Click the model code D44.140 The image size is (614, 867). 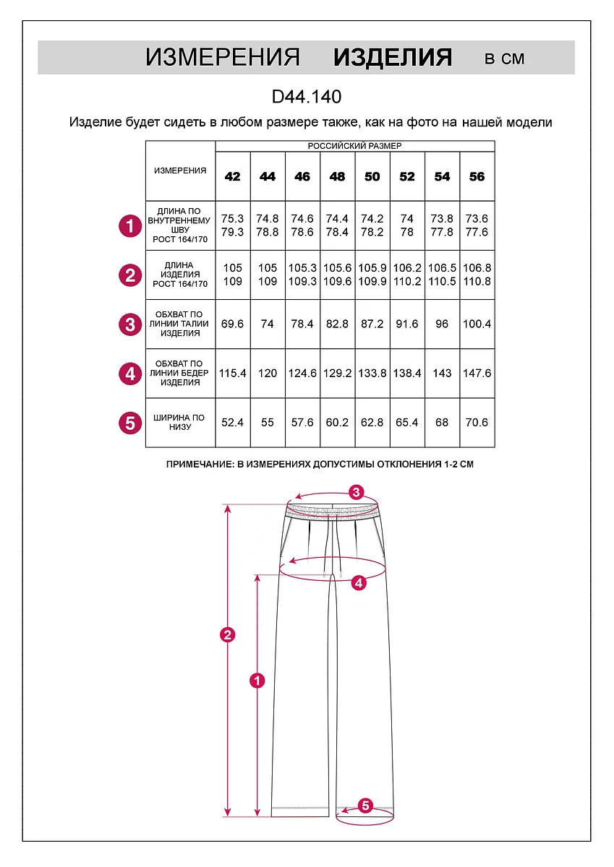307,97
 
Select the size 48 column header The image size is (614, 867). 337,177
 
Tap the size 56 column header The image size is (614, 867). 477,177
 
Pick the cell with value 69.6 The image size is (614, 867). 232,324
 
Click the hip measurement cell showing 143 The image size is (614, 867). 442,374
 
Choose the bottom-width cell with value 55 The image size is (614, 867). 268,423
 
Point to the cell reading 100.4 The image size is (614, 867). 477,324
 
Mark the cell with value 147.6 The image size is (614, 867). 477,374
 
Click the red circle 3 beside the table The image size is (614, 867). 129,324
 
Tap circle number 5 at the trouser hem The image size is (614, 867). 365,805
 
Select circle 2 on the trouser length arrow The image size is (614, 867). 228,635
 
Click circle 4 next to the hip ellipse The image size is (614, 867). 359,582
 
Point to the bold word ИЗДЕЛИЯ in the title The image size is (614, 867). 393,58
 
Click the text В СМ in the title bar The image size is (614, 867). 504,59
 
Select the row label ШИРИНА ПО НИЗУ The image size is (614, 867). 180,423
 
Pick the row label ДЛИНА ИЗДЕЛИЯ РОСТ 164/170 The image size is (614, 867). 180,275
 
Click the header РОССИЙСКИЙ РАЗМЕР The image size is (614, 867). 354,146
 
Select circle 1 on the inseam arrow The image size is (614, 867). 257,680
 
